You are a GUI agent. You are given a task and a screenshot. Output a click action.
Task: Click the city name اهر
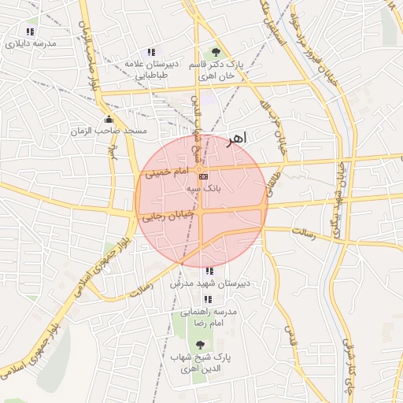(235, 139)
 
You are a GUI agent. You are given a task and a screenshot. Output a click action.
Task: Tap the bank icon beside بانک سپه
(204, 176)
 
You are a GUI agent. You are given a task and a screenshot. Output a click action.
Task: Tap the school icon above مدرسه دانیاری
(30, 32)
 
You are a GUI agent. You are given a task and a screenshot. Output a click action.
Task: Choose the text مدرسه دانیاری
(31, 44)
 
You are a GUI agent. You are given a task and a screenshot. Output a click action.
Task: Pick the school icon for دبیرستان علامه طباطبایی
(152, 52)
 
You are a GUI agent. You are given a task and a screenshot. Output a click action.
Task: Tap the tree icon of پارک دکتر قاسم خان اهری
(216, 52)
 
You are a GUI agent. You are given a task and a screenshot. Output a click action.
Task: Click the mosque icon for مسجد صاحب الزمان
(107, 119)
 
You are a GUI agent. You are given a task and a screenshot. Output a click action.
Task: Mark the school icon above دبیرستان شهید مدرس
(209, 272)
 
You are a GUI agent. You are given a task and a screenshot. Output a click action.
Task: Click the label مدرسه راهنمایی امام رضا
(209, 317)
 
